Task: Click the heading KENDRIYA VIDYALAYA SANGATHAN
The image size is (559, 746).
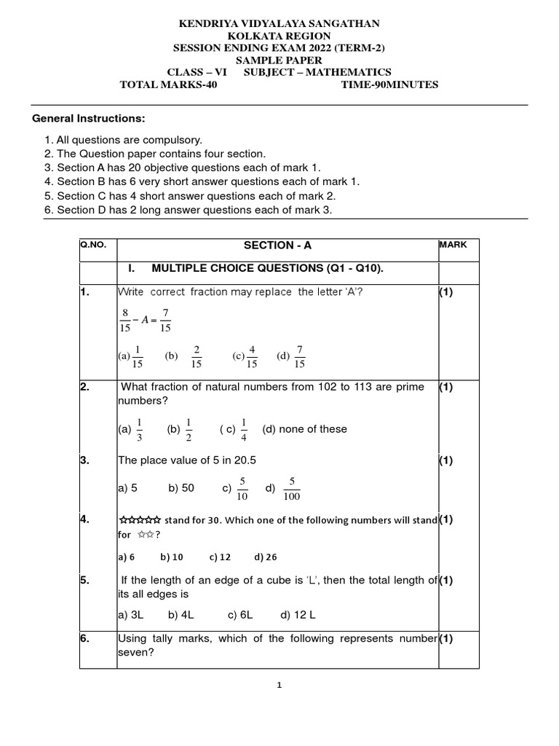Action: coord(279,24)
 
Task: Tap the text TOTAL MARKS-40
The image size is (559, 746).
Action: coord(168,85)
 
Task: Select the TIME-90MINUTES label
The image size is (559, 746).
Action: coord(389,85)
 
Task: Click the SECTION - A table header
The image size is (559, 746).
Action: coord(277,246)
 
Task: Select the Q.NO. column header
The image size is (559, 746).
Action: coord(93,246)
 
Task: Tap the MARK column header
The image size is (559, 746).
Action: coord(453,246)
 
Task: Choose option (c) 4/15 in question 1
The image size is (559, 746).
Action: coord(245,356)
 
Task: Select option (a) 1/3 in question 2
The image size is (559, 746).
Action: coord(132,429)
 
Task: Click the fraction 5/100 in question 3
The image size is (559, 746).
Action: coord(292,489)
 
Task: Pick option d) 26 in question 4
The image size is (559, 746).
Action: coord(266,557)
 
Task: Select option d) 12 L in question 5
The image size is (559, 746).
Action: coord(298,615)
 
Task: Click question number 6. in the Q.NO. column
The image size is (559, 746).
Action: coord(85,638)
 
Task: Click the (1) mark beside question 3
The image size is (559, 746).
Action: coord(446,460)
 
